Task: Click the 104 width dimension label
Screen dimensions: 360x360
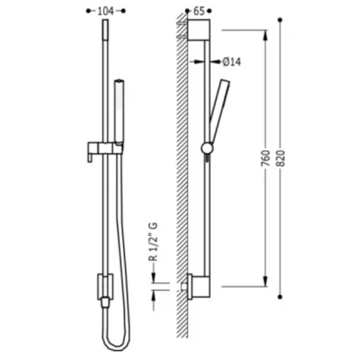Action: point(105,11)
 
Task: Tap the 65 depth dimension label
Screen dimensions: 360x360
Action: point(199,11)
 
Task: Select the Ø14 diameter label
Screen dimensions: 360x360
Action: point(232,62)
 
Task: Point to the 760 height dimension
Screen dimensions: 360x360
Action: point(266,158)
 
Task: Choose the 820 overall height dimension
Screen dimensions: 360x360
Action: point(280,158)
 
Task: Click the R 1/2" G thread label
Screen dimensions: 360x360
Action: point(153,242)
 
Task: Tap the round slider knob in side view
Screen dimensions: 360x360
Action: point(207,149)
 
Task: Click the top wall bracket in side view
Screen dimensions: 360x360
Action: point(198,30)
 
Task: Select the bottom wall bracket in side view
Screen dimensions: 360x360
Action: point(198,287)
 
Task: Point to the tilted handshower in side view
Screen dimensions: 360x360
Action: point(219,111)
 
